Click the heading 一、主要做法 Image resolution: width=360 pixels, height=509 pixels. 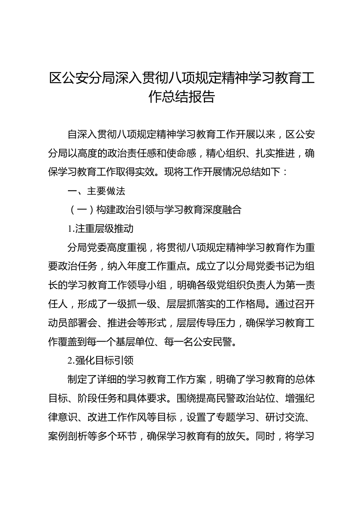coord(96,191)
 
